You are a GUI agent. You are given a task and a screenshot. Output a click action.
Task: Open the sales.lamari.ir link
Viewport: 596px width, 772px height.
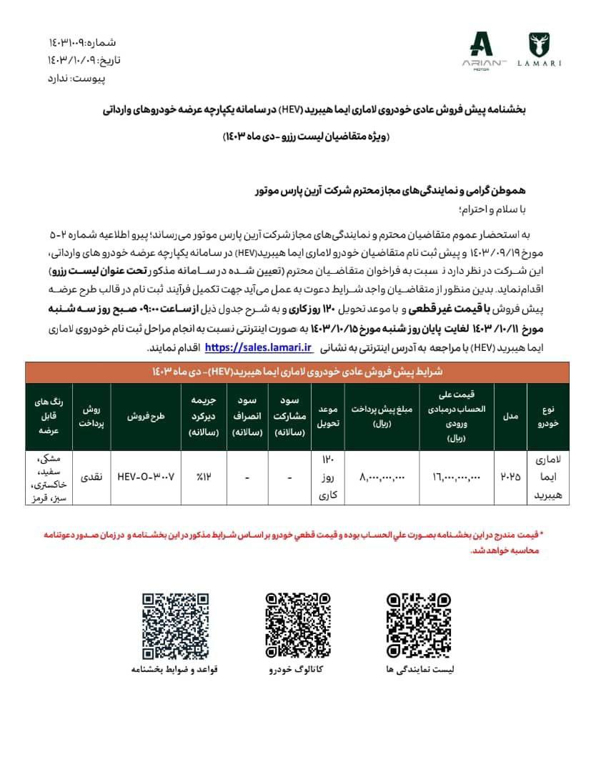point(259,347)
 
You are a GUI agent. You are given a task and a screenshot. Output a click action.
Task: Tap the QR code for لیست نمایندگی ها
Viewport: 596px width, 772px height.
point(419,625)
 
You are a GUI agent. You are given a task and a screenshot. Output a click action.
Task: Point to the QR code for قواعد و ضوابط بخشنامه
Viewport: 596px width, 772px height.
point(175,625)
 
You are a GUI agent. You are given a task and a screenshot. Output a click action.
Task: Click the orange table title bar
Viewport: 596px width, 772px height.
point(298,372)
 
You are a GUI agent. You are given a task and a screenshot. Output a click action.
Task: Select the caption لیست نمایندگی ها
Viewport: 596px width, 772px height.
point(419,670)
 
